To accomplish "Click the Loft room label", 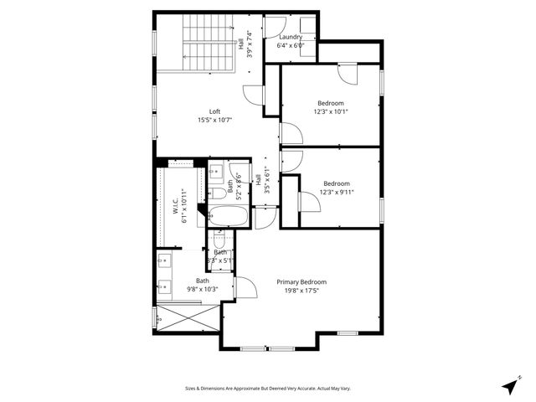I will click(215, 111).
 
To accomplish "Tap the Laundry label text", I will click(291, 37).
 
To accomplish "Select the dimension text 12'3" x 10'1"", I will click(331, 111).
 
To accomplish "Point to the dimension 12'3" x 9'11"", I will click(338, 192).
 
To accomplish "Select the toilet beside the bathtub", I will click(219, 193).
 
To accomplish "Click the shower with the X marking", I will click(186, 318).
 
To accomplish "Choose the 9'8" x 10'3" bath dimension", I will click(203, 289).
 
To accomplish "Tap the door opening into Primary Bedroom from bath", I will click(245, 287).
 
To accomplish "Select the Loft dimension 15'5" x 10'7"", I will click(215, 120).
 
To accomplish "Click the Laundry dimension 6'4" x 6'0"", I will click(291, 45).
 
